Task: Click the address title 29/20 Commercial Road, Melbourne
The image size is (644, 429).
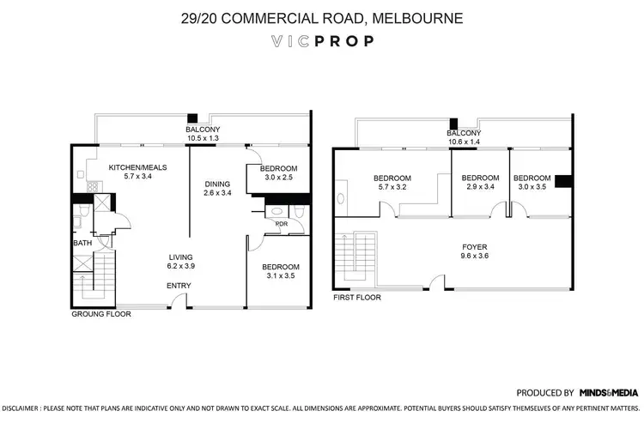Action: coord(321,18)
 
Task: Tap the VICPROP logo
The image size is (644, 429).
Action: coord(321,41)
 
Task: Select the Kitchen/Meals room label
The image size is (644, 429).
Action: coord(137,172)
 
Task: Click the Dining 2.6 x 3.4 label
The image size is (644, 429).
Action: coord(217,189)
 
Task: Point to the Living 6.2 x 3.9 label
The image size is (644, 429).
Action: coord(180,262)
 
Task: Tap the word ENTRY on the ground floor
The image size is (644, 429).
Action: coord(179,286)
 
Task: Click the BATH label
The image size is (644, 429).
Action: coord(82,243)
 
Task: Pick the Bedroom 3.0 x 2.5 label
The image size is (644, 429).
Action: coord(279,172)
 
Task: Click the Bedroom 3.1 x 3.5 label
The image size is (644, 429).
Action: coord(279,272)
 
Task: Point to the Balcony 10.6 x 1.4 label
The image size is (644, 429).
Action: coord(463,138)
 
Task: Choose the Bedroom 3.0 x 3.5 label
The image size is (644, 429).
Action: coord(532,183)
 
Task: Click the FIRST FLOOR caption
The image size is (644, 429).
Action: coord(356,298)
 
